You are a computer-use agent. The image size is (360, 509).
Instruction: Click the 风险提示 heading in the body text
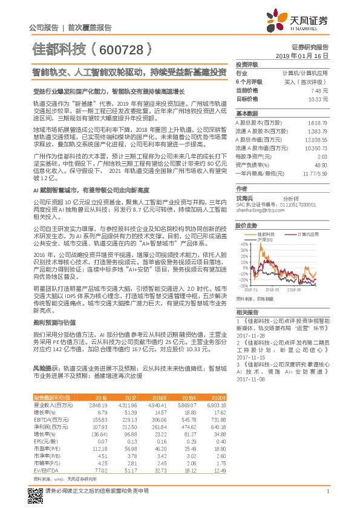pos(46,368)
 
